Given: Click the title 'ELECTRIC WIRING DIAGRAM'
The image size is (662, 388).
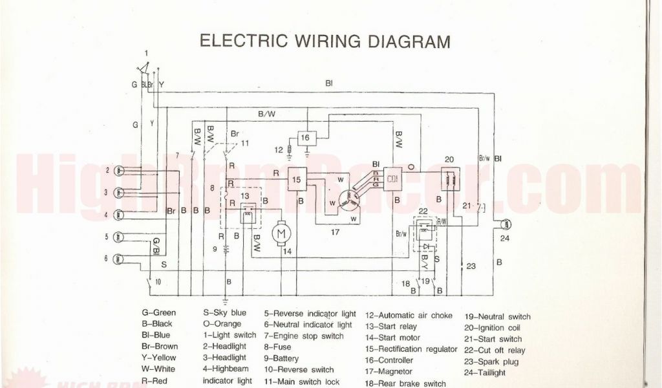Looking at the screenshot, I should [325, 41].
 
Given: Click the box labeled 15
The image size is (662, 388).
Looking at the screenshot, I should [296, 179].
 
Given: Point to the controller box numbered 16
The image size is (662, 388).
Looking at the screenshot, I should [306, 138].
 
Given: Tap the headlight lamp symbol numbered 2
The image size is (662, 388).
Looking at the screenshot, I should [120, 171].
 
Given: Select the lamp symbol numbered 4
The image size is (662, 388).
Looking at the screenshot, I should [120, 214].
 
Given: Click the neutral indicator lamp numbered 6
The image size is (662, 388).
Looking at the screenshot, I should [120, 259].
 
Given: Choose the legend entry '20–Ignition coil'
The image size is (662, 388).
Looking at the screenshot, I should [493, 328].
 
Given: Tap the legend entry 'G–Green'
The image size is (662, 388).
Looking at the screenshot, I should [159, 314].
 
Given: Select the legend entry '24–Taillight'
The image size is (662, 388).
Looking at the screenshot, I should [485, 372].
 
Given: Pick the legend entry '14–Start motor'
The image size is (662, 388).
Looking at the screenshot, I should [392, 338].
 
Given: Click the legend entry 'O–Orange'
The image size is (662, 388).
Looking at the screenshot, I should [222, 324].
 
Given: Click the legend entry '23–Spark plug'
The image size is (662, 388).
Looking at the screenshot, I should [491, 361].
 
